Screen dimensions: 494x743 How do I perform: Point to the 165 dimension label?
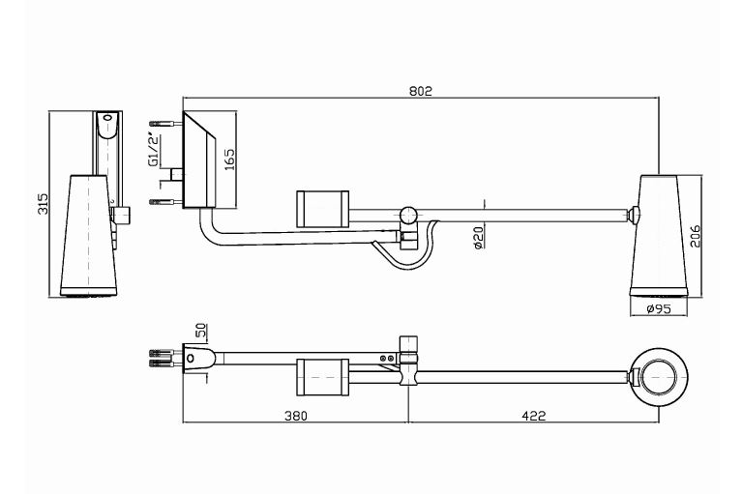[x=229, y=158]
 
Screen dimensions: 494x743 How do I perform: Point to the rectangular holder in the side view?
[x=320, y=208]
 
